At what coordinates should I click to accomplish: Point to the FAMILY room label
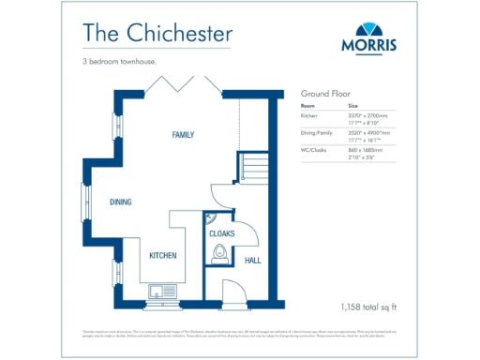point(183,135)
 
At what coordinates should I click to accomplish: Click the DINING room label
point(120,202)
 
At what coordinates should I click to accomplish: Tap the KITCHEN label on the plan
point(163,255)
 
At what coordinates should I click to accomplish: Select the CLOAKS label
point(221,232)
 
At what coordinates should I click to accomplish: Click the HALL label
point(252,261)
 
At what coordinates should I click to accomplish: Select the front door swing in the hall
point(238,292)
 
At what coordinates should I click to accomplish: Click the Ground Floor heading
point(323,95)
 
